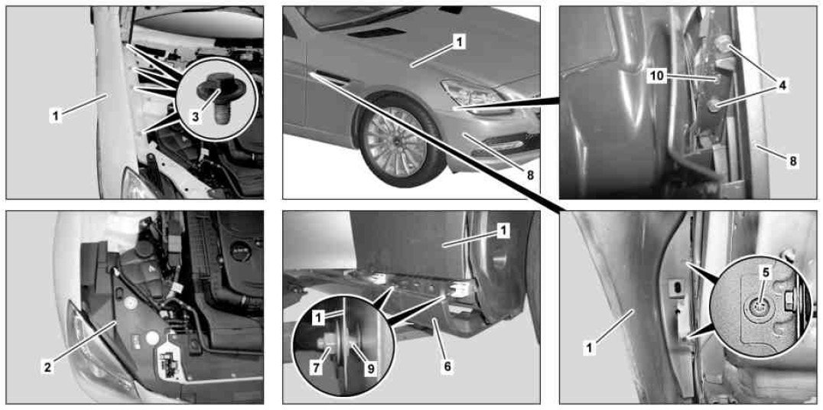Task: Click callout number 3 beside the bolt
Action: (195, 116)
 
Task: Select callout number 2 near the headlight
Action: (47, 368)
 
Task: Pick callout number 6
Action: (447, 366)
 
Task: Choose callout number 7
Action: (316, 369)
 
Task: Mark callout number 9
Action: (370, 369)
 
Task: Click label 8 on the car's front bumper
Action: (530, 175)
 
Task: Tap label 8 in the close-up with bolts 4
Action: (793, 161)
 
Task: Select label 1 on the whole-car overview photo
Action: (459, 43)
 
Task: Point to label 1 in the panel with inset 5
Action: (590, 347)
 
